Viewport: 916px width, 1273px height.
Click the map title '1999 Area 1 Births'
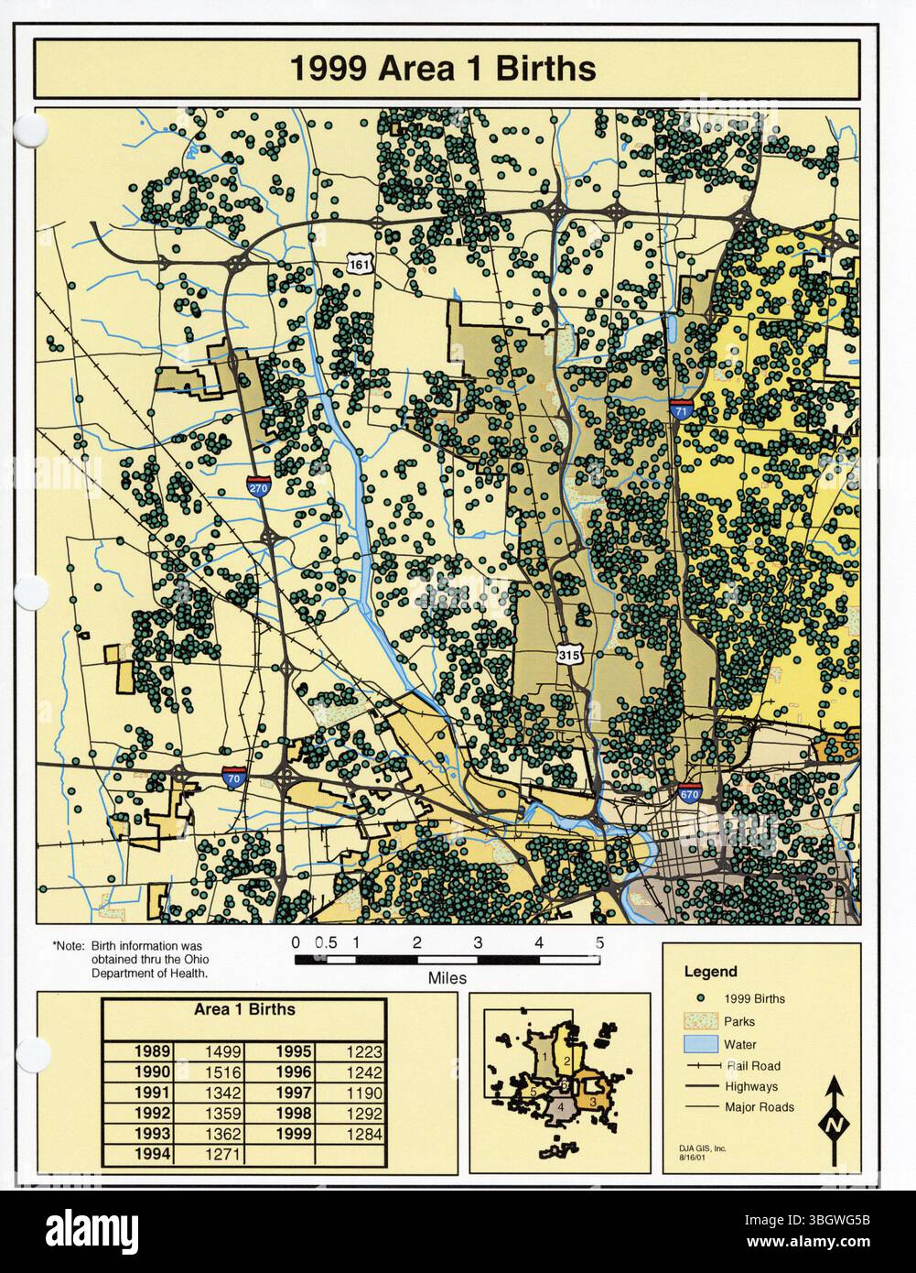[x=444, y=69]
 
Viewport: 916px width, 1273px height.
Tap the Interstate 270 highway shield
[x=259, y=488]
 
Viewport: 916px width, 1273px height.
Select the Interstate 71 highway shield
[x=680, y=411]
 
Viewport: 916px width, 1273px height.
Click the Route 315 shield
[x=568, y=654]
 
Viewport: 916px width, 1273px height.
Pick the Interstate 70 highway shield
[x=234, y=778]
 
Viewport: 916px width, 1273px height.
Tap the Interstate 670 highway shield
[x=691, y=793]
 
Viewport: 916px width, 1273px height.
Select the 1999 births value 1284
[x=363, y=1134]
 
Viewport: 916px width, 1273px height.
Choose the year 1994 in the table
[x=152, y=1154]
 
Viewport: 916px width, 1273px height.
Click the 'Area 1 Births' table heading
[x=244, y=1009]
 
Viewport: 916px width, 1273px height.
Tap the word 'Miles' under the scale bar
[x=447, y=978]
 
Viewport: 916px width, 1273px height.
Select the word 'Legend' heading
[x=710, y=972]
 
